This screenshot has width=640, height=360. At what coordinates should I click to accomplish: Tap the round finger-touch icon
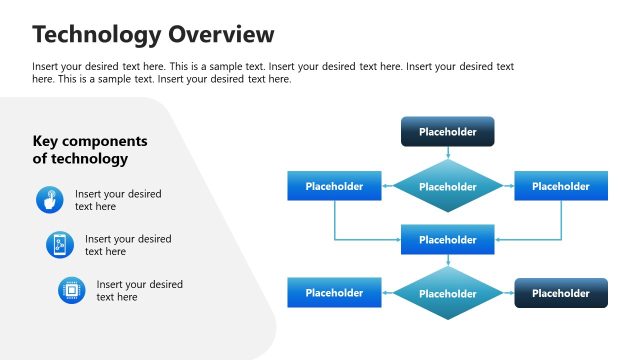point(48,199)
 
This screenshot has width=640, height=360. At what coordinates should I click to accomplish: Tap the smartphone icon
point(59,245)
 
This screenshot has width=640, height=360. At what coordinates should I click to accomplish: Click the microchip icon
point(71,290)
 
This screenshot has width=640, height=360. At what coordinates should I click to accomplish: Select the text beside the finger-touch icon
point(118,200)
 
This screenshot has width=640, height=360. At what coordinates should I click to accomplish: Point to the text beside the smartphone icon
point(128,245)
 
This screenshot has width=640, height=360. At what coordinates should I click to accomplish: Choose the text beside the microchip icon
point(140,291)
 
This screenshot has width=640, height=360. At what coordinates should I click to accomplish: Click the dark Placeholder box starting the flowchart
point(447,132)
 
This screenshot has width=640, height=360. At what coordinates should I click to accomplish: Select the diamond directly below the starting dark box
point(447,187)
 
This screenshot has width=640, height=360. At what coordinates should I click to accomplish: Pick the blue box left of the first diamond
point(334,186)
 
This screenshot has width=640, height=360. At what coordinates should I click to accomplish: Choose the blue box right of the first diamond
point(560,186)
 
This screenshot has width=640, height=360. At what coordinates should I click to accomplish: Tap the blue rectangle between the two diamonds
point(447,240)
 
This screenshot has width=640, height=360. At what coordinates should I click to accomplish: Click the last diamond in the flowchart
point(447,294)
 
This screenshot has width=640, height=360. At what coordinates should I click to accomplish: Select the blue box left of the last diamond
point(334,293)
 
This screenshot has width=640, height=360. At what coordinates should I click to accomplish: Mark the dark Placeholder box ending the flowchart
point(560,293)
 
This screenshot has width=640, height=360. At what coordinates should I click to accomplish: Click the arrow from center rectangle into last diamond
point(447,260)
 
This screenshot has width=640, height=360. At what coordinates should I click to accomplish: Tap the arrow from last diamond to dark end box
point(509,293)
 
